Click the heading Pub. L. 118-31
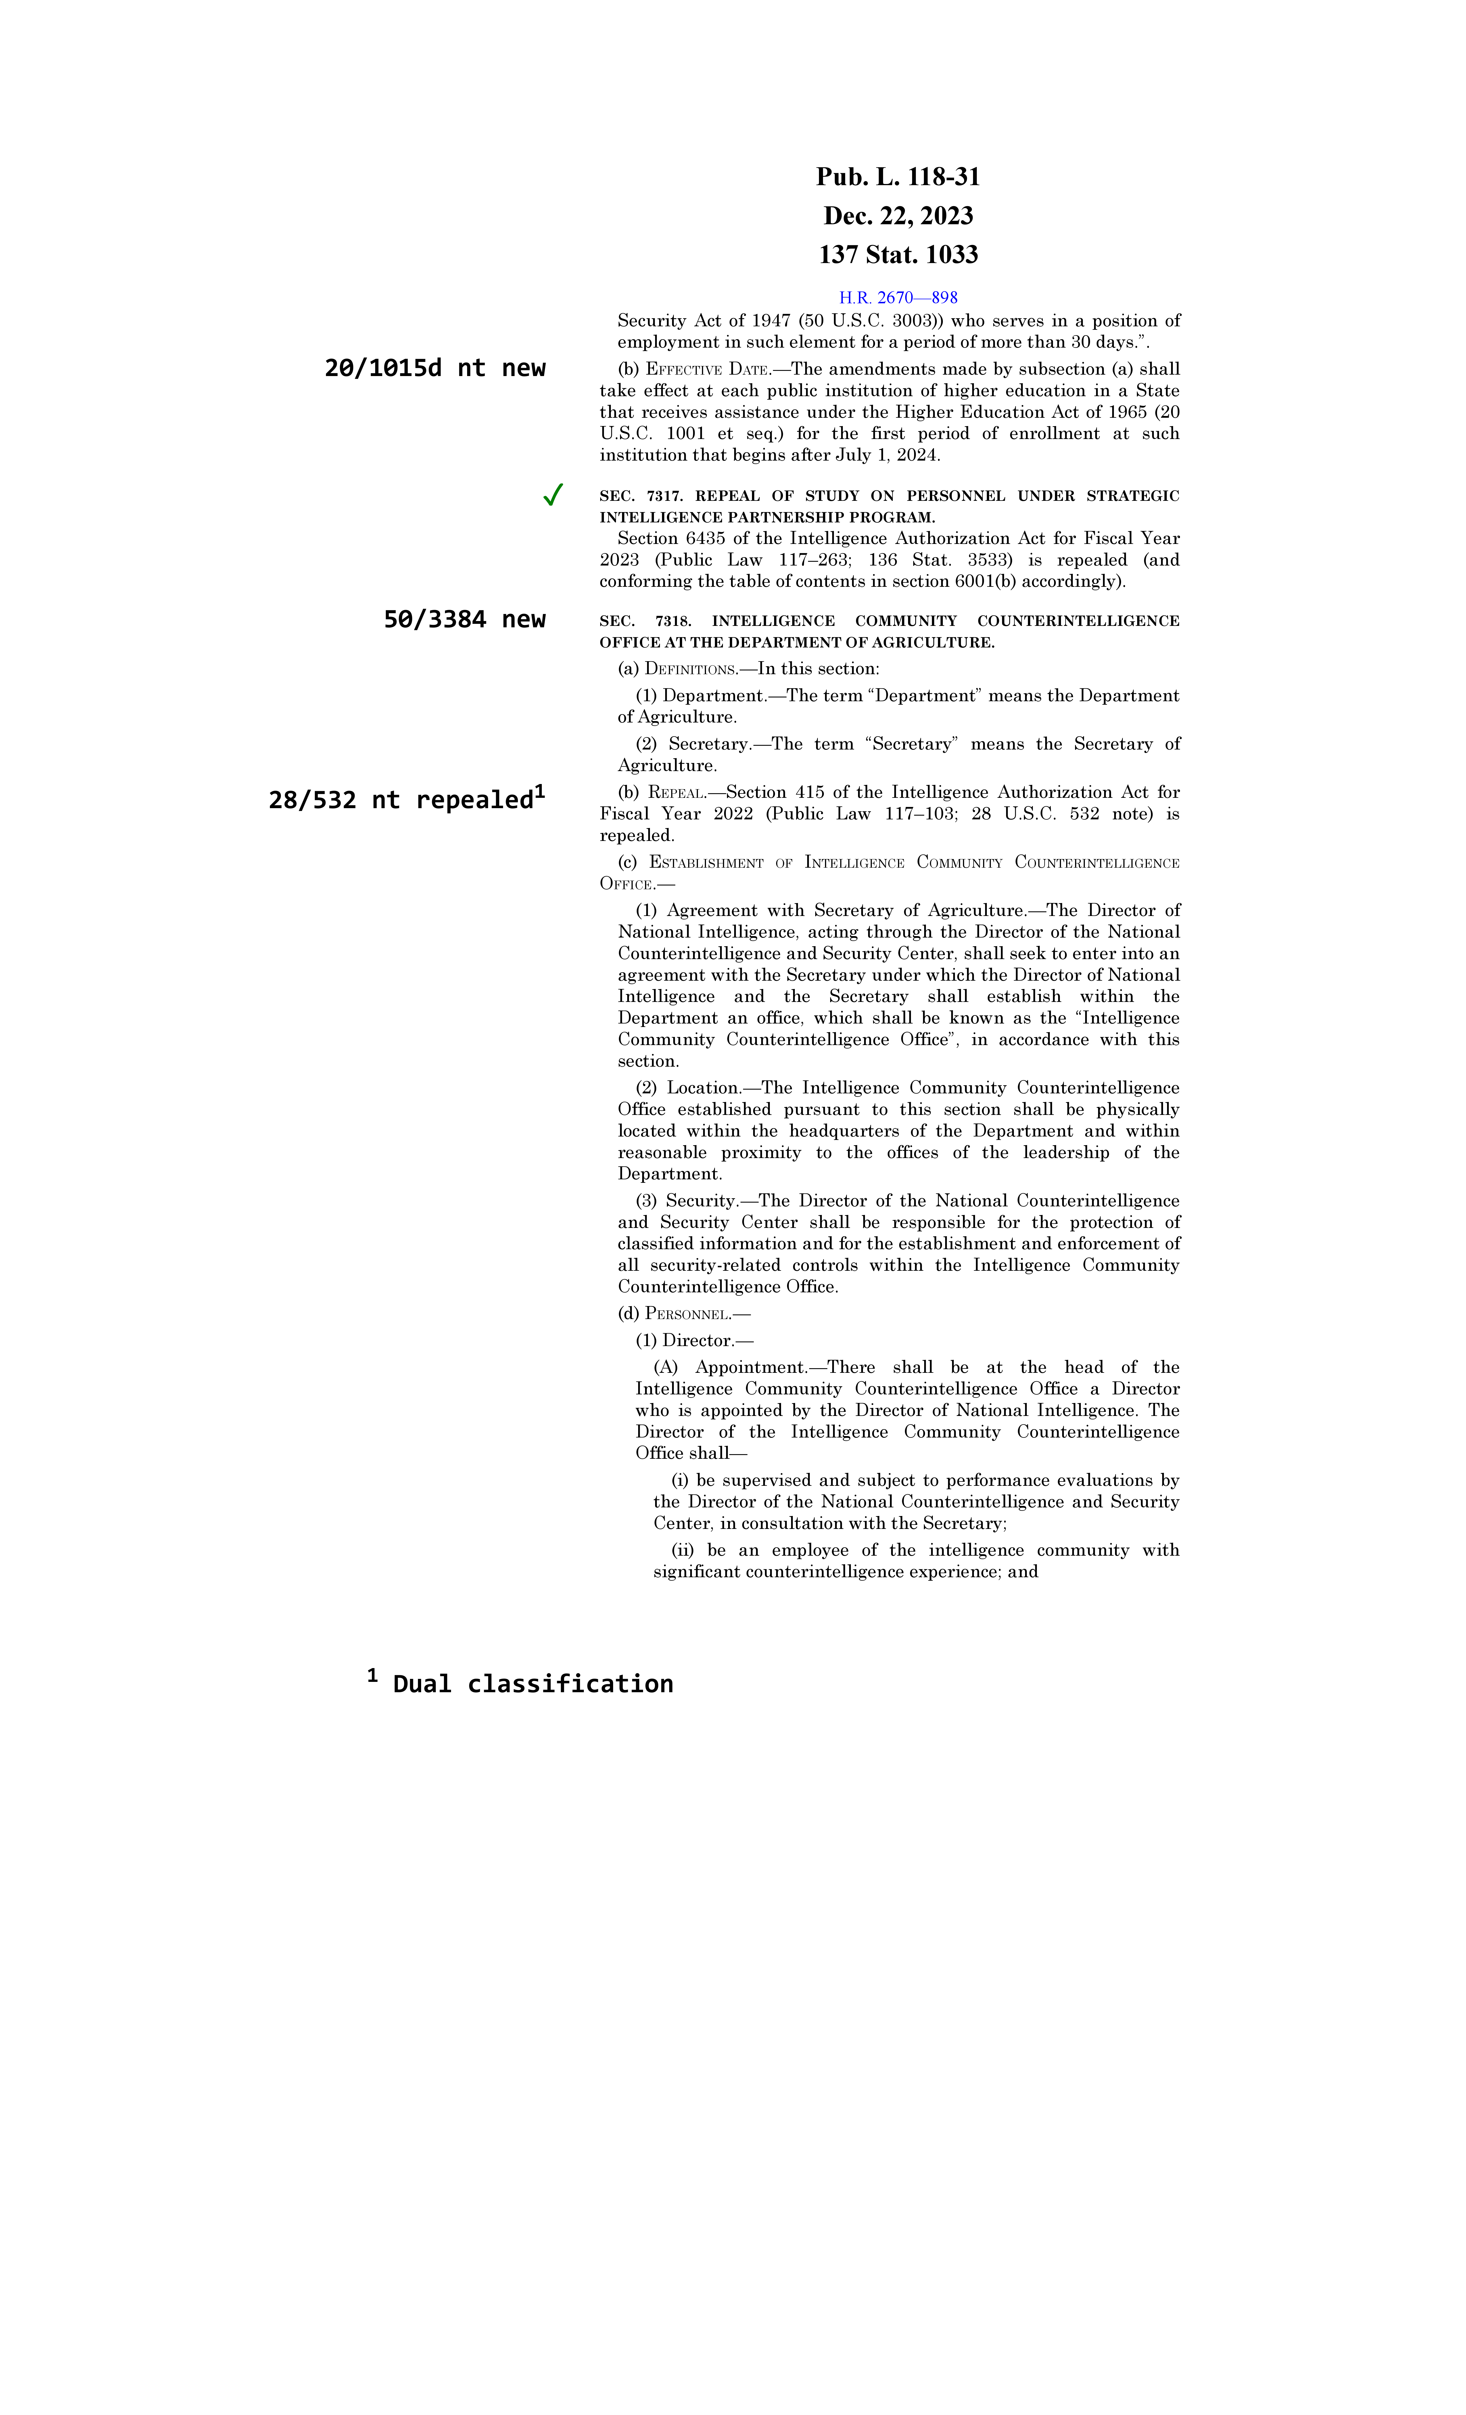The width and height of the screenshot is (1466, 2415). tap(898, 177)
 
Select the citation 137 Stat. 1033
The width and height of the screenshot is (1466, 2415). tap(898, 255)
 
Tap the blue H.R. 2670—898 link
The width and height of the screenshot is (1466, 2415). tap(898, 297)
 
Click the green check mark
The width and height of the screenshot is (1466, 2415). tap(553, 495)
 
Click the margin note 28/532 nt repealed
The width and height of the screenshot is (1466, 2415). tap(402, 800)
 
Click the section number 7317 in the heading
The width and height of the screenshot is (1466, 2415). tap(664, 496)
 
